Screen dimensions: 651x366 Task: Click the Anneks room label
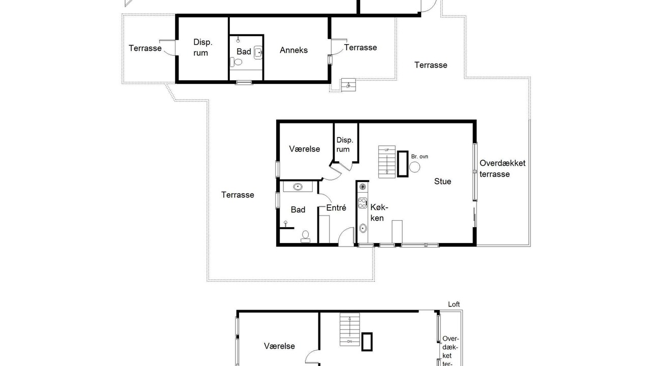click(x=293, y=50)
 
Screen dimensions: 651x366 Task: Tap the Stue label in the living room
click(x=442, y=181)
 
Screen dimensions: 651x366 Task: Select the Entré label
click(x=336, y=208)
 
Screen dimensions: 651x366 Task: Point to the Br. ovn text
click(x=420, y=157)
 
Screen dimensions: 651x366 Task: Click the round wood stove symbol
click(x=415, y=167)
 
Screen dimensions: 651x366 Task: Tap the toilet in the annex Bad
click(x=236, y=62)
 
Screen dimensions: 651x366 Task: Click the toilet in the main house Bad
click(x=306, y=236)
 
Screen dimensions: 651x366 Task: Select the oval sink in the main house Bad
click(x=298, y=187)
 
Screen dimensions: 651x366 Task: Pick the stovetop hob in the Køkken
click(x=363, y=203)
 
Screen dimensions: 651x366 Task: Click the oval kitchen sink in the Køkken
click(x=363, y=228)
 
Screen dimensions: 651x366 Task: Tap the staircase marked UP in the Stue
click(x=387, y=162)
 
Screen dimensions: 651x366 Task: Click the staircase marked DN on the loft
click(x=349, y=329)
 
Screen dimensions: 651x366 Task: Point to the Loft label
click(x=454, y=304)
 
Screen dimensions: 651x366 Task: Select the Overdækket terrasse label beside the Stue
click(x=502, y=168)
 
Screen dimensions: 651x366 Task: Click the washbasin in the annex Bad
click(x=258, y=52)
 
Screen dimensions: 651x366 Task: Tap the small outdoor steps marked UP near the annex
click(x=348, y=85)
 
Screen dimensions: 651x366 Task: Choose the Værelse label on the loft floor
click(x=279, y=346)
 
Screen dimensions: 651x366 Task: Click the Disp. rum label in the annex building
click(x=202, y=47)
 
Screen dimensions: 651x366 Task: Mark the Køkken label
click(x=379, y=212)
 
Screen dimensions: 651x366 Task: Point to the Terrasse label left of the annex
click(x=145, y=48)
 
